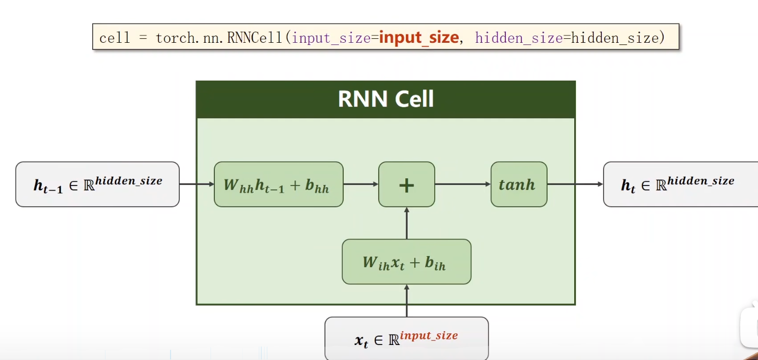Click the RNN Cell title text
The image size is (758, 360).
click(x=385, y=99)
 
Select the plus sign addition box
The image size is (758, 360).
click(x=406, y=184)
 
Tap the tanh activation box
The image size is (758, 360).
click(x=519, y=184)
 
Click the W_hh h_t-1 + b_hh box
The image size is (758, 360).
click(x=278, y=184)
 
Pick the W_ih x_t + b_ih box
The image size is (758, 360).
click(x=406, y=262)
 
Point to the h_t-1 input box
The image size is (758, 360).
click(x=97, y=184)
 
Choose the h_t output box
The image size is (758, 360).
click(x=680, y=184)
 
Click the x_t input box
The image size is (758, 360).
click(x=406, y=338)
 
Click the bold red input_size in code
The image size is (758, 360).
click(x=419, y=38)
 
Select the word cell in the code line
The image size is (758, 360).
click(x=114, y=38)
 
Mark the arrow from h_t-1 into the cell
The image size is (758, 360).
click(x=197, y=184)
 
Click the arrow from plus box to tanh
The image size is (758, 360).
click(x=463, y=184)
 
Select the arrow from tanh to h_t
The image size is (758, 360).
click(x=575, y=184)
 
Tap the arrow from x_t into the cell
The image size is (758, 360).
click(x=406, y=301)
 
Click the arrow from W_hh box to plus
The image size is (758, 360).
click(x=360, y=184)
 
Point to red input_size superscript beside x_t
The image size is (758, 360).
click(x=429, y=336)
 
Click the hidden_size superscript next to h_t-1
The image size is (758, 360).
click(x=128, y=181)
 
